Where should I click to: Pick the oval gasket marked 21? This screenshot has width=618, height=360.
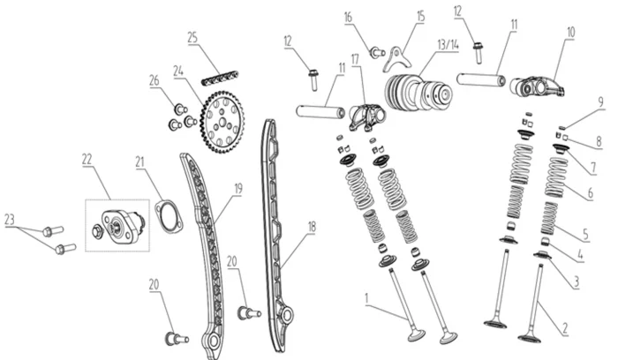pyautogui.click(x=167, y=217)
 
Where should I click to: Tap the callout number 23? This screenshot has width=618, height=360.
pyautogui.click(x=11, y=220)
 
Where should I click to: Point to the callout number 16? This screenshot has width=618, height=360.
pyautogui.click(x=348, y=17)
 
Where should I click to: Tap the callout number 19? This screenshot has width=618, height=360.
pyautogui.click(x=237, y=188)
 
